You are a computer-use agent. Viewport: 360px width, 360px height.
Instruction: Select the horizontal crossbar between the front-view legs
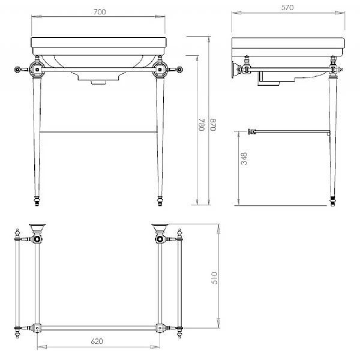(x=99, y=130)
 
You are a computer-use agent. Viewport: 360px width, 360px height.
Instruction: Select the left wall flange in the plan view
(x=37, y=228)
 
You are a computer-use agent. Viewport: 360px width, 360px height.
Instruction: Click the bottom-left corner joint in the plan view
(x=37, y=329)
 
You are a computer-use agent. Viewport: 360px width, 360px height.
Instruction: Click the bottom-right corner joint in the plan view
(x=160, y=329)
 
